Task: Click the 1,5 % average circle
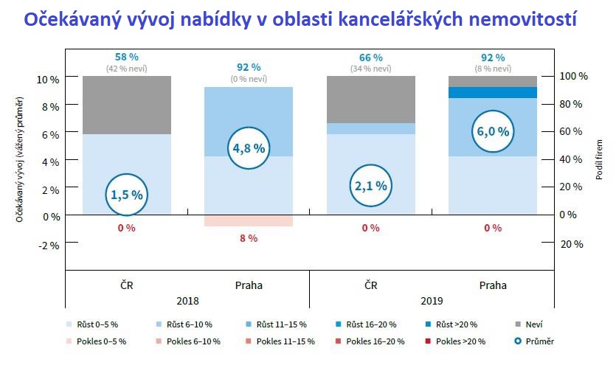click(x=127, y=194)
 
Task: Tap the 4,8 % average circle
click(x=249, y=147)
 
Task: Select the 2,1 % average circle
click(x=370, y=185)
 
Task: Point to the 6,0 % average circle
click(x=492, y=131)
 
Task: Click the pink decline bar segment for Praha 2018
click(x=249, y=220)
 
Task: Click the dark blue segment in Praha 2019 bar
click(x=492, y=92)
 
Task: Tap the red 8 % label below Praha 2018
click(x=249, y=238)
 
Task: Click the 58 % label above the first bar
click(x=127, y=57)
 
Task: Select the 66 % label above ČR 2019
click(x=370, y=57)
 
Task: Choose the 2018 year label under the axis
click(x=187, y=301)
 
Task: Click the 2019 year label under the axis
click(x=432, y=301)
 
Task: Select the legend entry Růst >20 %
click(x=451, y=324)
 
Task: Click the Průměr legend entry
click(x=537, y=341)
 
